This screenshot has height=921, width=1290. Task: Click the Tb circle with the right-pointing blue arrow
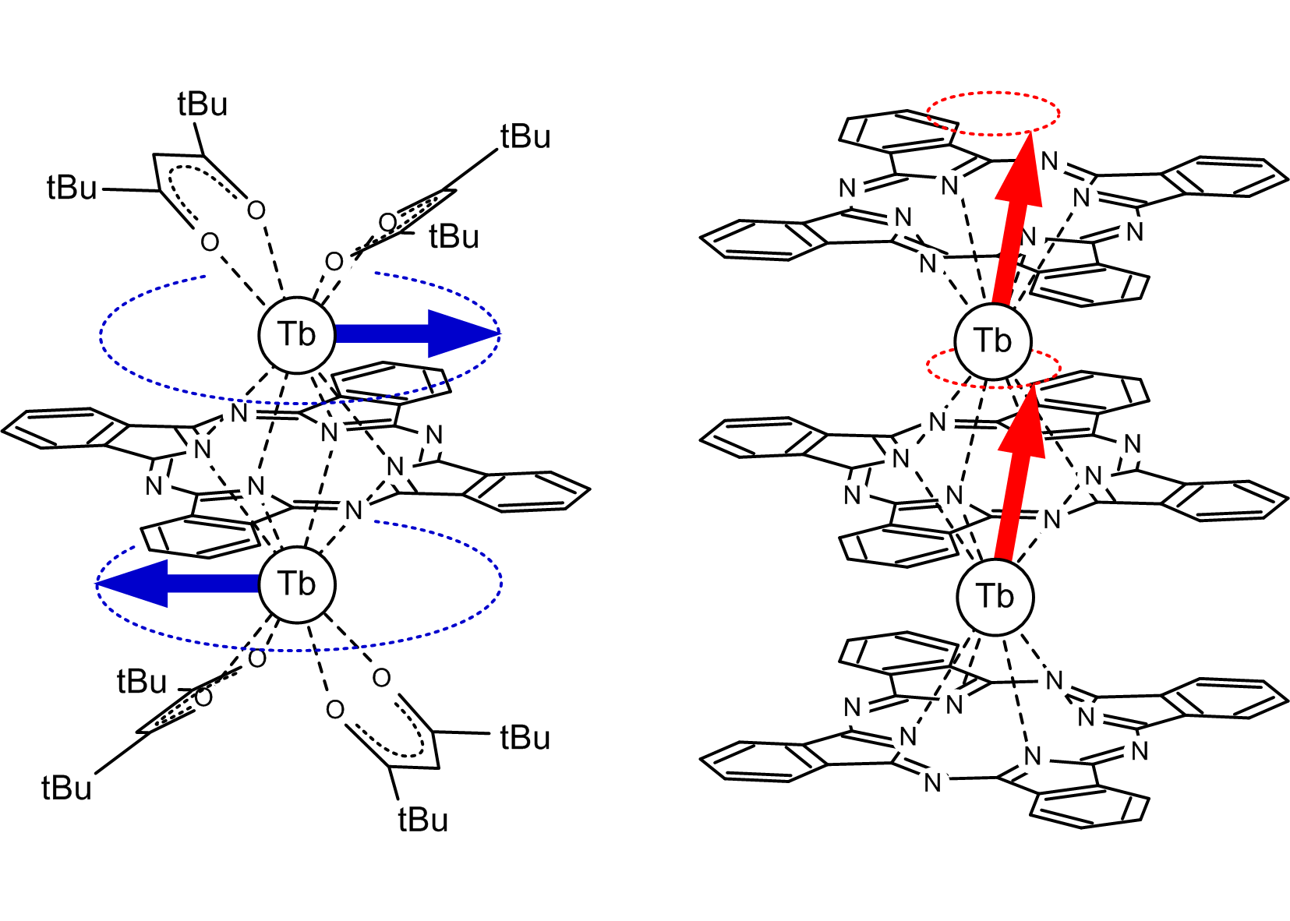297,335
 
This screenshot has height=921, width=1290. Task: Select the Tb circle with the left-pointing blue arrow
297,584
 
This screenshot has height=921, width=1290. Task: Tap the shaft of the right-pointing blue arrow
382,334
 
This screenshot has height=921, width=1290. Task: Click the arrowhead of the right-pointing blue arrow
464,334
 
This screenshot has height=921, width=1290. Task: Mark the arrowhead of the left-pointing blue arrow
133,583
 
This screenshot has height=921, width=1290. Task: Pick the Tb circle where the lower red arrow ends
993,341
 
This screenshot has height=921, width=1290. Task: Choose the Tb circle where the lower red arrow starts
995,597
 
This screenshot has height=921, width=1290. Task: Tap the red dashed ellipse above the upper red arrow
994,94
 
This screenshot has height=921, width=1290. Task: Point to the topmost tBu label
203,104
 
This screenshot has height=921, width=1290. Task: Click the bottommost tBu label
423,820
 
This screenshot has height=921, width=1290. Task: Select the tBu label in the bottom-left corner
66,789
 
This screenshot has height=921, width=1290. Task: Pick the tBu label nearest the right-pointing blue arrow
454,236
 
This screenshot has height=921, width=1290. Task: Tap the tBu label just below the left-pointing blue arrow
142,682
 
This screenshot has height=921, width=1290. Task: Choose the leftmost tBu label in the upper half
72,188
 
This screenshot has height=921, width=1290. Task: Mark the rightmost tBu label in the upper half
525,136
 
